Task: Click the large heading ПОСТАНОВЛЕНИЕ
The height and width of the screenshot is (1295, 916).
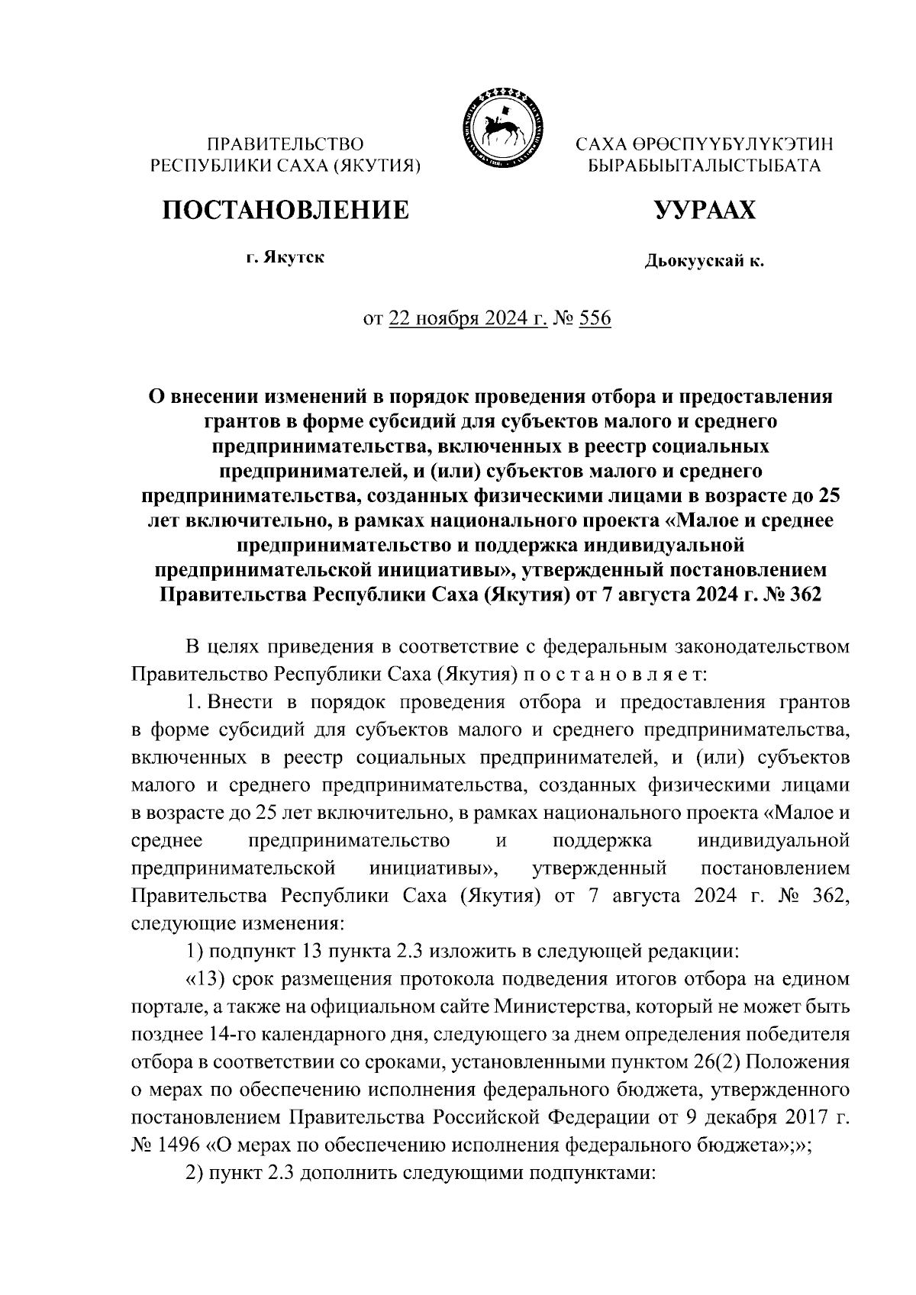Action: [x=285, y=210]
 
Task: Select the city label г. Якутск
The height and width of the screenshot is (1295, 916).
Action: [x=285, y=258]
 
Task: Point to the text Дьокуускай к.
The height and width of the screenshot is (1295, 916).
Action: [x=704, y=263]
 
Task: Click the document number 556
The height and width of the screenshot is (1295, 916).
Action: [x=595, y=318]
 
